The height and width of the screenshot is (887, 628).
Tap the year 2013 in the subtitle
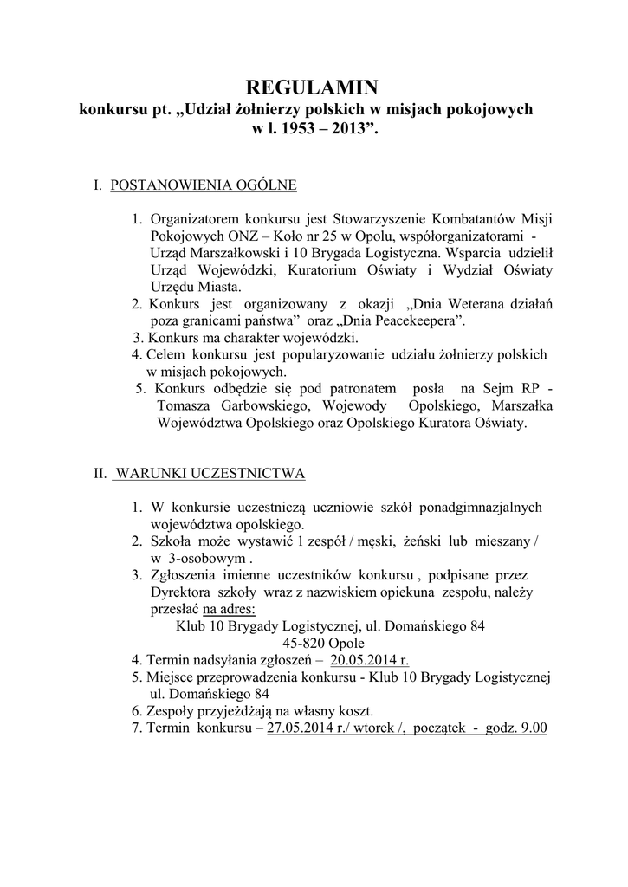coord(352,129)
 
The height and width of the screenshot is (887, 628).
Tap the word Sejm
coord(505,389)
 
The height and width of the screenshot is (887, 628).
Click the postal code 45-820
coord(302,643)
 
